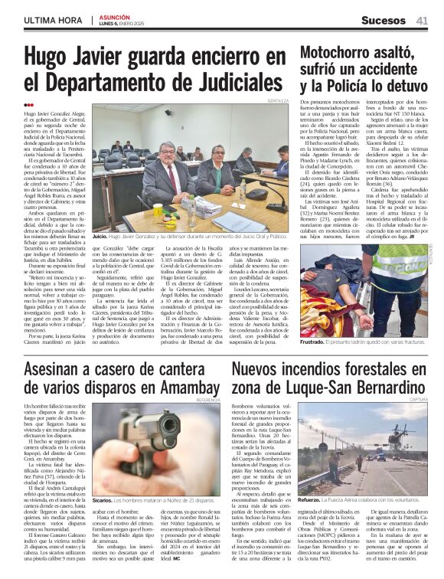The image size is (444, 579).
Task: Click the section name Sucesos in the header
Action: point(384,21)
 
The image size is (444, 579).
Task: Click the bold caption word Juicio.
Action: point(100,237)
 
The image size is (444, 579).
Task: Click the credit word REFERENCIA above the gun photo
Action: point(207,401)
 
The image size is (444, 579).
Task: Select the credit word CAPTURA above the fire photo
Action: point(418,401)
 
